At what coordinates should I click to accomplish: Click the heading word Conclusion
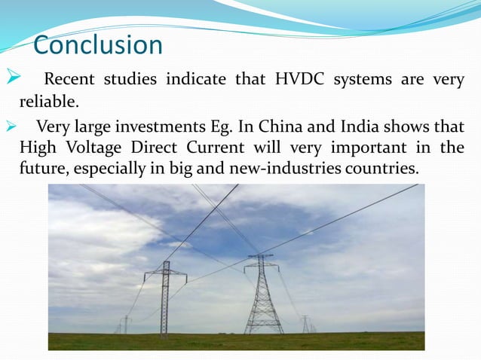tap(98, 46)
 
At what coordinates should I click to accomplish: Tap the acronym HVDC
tap(296, 81)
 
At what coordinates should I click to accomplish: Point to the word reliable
tap(47, 102)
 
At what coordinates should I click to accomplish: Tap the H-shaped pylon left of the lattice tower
tap(164, 297)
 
